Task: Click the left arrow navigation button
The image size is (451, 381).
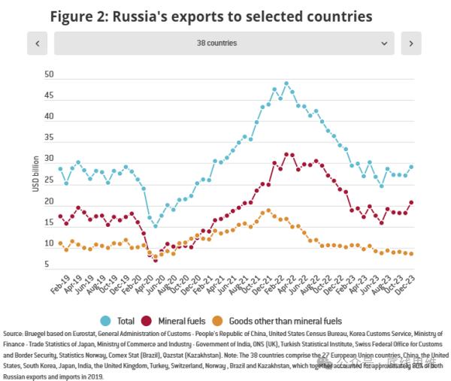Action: pyautogui.click(x=37, y=44)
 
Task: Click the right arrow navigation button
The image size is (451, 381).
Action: pyautogui.click(x=410, y=44)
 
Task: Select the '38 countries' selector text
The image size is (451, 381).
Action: pyautogui.click(x=223, y=44)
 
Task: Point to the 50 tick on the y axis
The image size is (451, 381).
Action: pyautogui.click(x=49, y=74)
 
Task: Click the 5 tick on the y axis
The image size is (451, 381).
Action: pyautogui.click(x=47, y=265)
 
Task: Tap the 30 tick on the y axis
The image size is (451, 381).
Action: pyautogui.click(x=49, y=159)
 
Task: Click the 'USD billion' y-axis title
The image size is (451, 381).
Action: pyautogui.click(x=35, y=172)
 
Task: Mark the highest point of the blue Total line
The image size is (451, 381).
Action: pyautogui.click(x=286, y=83)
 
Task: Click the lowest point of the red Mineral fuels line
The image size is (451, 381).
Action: pyautogui.click(x=156, y=260)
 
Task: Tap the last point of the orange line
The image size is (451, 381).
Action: pyautogui.click(x=411, y=253)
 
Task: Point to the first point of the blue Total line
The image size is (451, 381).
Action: pyautogui.click(x=60, y=168)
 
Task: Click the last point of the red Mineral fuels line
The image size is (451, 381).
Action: pyautogui.click(x=411, y=201)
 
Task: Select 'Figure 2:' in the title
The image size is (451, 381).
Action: pyautogui.click(x=78, y=15)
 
